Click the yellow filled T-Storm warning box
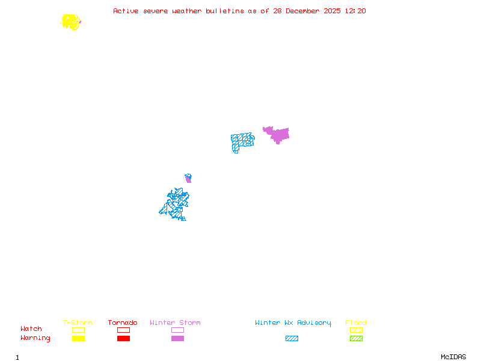[x=78, y=339]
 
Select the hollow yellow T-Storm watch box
[x=78, y=330]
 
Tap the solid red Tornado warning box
[x=123, y=339]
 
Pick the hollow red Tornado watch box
[x=123, y=330]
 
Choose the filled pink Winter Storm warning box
[x=177, y=339]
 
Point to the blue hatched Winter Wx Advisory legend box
[x=292, y=339]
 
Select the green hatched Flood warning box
[x=356, y=339]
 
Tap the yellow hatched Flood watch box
[x=356, y=330]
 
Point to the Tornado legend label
[x=123, y=323]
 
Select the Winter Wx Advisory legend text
[x=293, y=323]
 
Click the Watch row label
[x=31, y=329]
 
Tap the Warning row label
[x=35, y=338]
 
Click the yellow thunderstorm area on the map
[x=71, y=22]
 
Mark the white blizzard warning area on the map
[x=265, y=141]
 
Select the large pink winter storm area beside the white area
[x=279, y=134]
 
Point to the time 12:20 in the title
[x=355, y=11]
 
